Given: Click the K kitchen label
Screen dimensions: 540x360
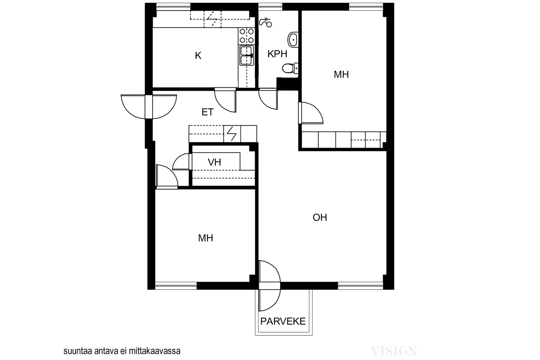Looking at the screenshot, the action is coord(198,56).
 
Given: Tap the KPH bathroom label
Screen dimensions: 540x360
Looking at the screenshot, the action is coord(277,54).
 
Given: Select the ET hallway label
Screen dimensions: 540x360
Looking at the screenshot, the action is coord(207,112).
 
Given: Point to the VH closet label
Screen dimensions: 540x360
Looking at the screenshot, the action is coord(214,162).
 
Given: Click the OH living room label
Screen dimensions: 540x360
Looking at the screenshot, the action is coord(320,217).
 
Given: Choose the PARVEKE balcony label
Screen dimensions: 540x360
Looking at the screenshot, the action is coord(283,321).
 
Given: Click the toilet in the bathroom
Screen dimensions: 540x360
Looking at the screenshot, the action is coord(290,68).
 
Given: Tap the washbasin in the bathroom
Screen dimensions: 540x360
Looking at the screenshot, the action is coord(293,39).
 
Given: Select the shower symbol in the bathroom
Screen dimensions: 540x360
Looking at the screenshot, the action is coord(265,22).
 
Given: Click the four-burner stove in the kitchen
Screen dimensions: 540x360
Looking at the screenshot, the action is coord(247,36).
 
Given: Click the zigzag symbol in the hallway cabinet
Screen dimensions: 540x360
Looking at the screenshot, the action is coord(232,134).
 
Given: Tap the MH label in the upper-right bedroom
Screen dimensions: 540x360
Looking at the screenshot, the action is coord(341,75).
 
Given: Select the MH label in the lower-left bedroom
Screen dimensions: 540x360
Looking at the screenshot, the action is coord(206,238).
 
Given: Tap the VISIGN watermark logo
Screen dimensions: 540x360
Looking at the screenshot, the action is coord(394,351).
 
